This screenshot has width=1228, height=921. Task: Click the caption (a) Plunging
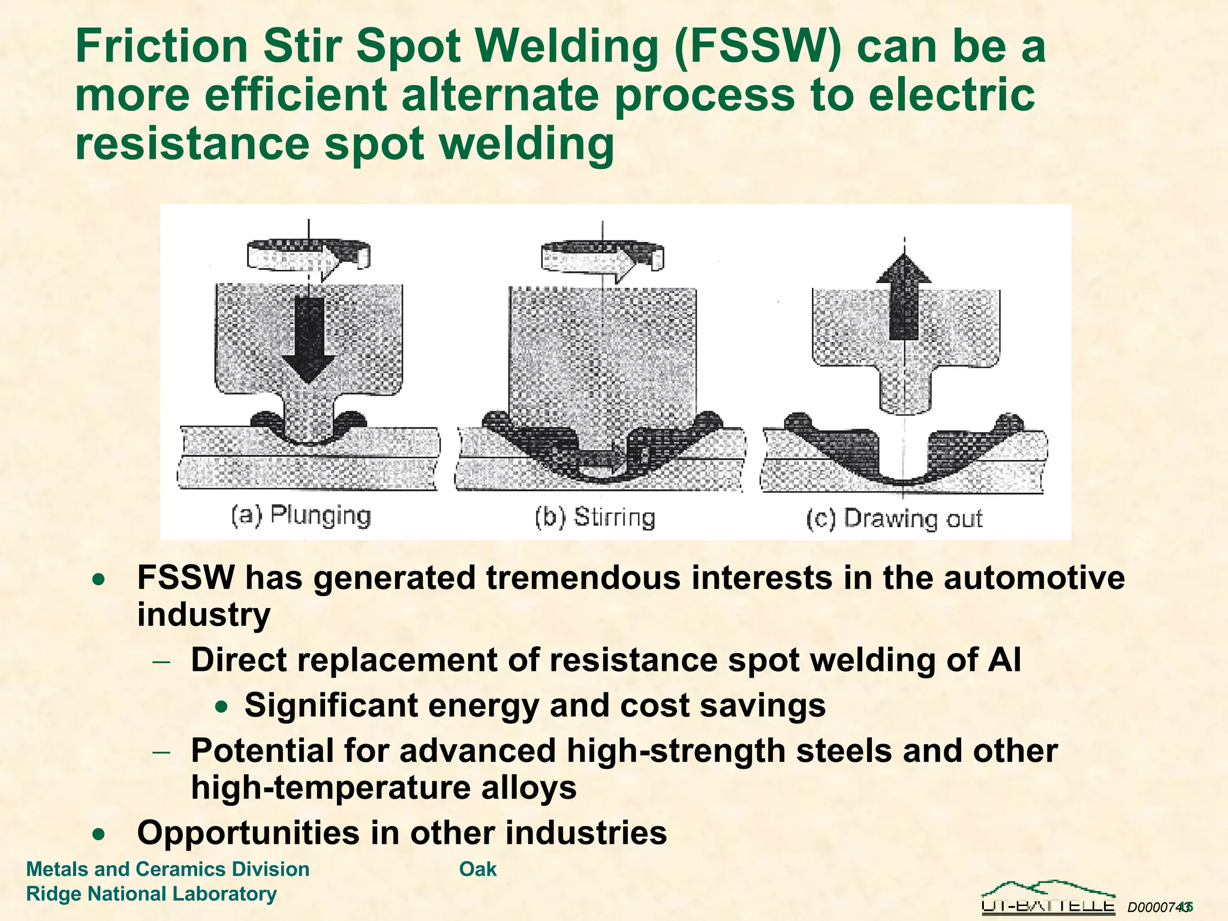point(301,516)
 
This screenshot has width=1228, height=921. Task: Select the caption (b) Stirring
point(595,517)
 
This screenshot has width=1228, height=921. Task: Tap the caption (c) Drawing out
point(893,519)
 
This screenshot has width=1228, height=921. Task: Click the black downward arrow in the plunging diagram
point(309,339)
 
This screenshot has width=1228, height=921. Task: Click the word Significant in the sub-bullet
point(331,705)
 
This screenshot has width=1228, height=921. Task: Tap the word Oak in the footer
point(478,869)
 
